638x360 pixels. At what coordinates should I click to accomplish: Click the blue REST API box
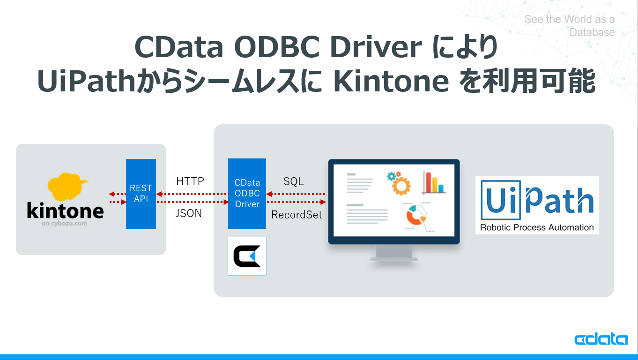(141, 194)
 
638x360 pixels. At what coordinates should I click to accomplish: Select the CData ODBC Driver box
(247, 194)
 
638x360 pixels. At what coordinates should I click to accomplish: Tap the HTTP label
(190, 181)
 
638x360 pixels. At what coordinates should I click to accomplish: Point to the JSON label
(189, 213)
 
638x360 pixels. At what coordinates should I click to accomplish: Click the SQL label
(294, 181)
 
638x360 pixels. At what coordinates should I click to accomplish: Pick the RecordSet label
(297, 215)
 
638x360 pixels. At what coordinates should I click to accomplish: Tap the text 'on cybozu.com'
(64, 224)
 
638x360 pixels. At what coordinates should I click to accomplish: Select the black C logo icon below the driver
(247, 256)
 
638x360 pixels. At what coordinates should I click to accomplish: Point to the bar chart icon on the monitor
(434, 183)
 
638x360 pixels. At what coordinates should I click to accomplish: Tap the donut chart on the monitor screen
(415, 216)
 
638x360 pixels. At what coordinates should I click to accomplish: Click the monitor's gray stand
(394, 253)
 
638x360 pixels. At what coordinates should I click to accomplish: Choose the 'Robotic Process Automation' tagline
(537, 227)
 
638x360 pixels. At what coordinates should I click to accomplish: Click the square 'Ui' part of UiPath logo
(501, 200)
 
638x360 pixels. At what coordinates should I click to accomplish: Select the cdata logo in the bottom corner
(601, 338)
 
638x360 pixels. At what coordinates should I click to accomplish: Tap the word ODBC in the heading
(276, 46)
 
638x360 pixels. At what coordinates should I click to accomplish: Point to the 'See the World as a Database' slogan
(570, 26)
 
